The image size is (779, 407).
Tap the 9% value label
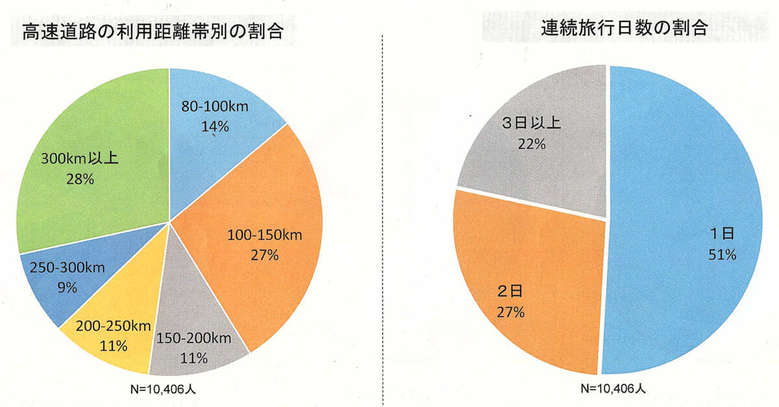coord(68,286)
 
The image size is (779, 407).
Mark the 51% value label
coord(722,255)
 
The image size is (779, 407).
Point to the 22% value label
coord(531,144)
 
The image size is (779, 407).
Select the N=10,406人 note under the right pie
coord(613,389)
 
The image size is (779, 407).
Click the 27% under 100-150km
coord(264,255)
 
